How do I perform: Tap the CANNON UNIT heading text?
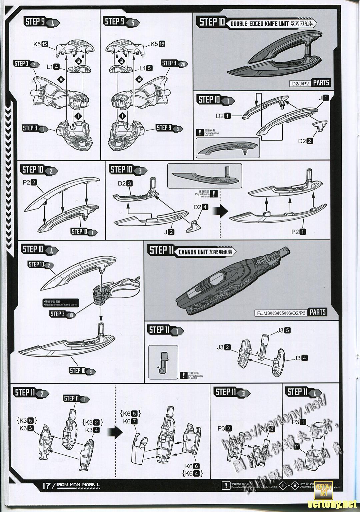coord(192,252)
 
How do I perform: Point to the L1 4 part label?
coord(53,67)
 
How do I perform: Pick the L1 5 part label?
coord(146,68)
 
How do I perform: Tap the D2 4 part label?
coord(201,207)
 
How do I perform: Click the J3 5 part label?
coord(284,330)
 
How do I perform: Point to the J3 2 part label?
coord(224,347)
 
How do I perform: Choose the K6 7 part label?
coord(130,421)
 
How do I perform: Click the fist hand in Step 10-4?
coord(101,295)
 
